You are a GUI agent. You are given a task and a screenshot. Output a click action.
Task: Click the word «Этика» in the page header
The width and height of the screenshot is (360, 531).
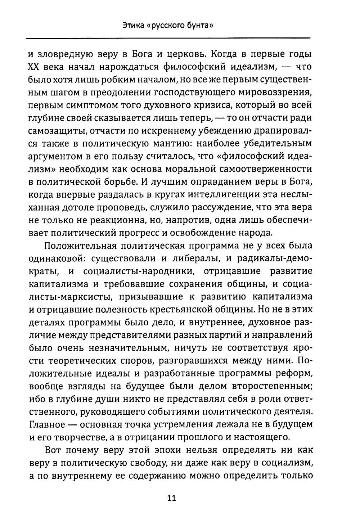coord(134,26)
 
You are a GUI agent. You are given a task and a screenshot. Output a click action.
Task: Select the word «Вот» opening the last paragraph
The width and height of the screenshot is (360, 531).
coord(55,450)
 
